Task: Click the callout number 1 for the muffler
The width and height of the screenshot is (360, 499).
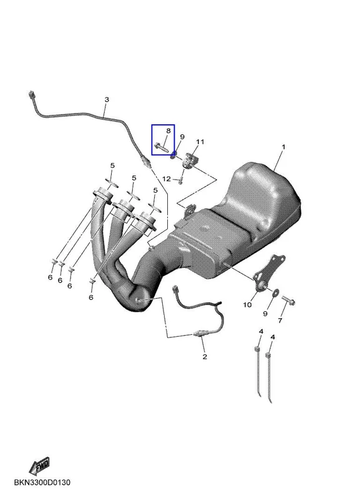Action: tap(283, 147)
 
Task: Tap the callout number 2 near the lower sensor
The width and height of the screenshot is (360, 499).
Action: tap(205, 357)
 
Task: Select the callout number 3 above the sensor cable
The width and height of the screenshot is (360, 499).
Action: tap(107, 100)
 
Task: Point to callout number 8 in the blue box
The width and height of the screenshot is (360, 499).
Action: tap(168, 130)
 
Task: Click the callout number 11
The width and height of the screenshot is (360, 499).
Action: tap(200, 142)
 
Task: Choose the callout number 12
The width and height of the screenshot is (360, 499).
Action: tap(167, 179)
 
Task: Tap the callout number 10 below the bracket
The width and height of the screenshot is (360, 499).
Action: tap(247, 305)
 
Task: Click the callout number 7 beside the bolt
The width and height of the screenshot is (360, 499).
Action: tap(280, 321)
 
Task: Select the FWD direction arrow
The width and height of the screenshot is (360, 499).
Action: tap(39, 466)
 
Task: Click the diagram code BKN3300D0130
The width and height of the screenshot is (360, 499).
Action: tap(42, 483)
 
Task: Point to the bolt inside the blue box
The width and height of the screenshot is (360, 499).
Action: tap(162, 147)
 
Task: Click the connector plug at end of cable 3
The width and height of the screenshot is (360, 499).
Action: tap(31, 95)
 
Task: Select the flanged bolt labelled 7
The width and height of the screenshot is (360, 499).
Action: tap(288, 300)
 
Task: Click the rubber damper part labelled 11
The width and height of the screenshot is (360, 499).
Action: tap(190, 160)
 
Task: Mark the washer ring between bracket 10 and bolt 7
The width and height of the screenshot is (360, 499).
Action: tap(275, 291)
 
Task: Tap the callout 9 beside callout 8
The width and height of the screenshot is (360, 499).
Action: tap(182, 137)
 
